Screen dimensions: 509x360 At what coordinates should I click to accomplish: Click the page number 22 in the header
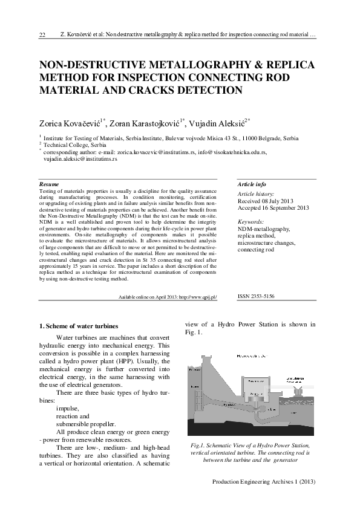[x=42, y=35]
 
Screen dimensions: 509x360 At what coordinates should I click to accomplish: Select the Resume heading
[x=49, y=183]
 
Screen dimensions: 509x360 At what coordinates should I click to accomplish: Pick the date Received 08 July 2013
[x=267, y=201]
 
